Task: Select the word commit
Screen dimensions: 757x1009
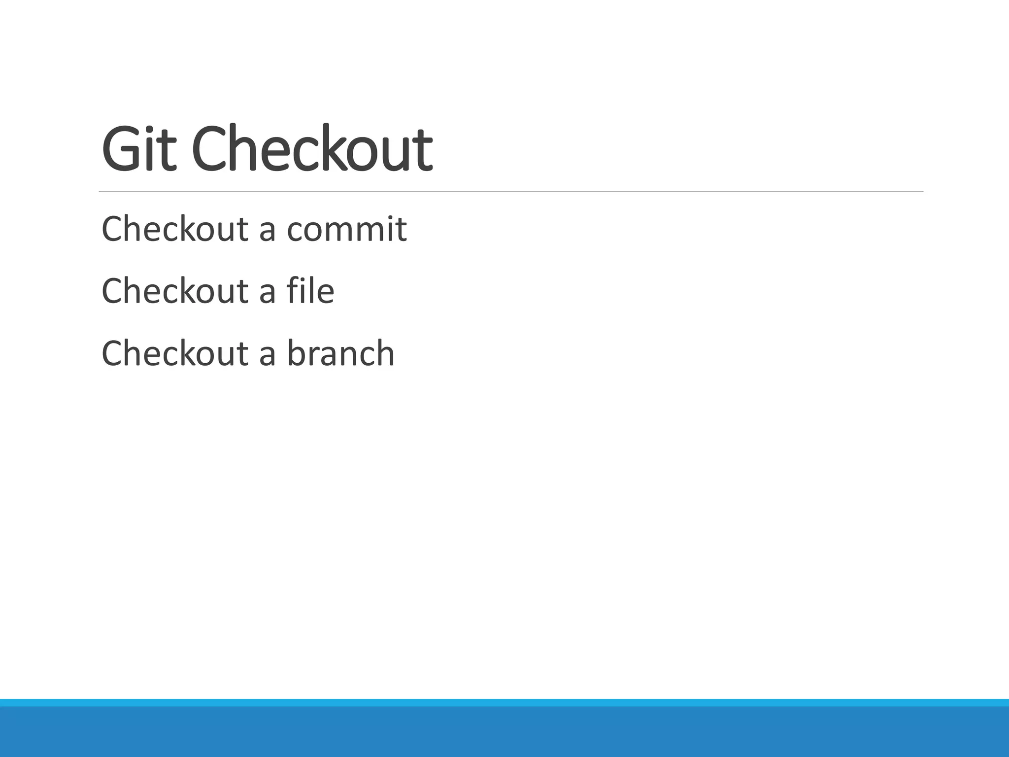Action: click(346, 229)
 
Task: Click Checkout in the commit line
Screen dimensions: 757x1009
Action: click(175, 229)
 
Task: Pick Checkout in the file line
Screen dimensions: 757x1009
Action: click(175, 291)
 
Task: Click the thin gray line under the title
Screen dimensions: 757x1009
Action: click(511, 192)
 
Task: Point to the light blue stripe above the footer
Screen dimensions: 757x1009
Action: click(504, 702)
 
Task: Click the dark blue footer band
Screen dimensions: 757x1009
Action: click(504, 732)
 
